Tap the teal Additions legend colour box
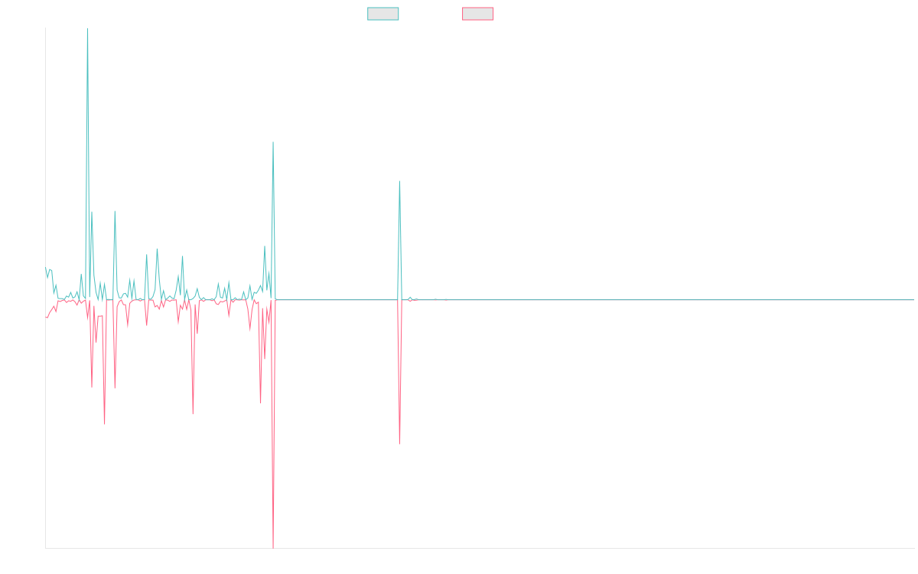[x=383, y=14]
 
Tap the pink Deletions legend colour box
[x=478, y=14]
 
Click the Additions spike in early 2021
[x=399, y=181]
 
